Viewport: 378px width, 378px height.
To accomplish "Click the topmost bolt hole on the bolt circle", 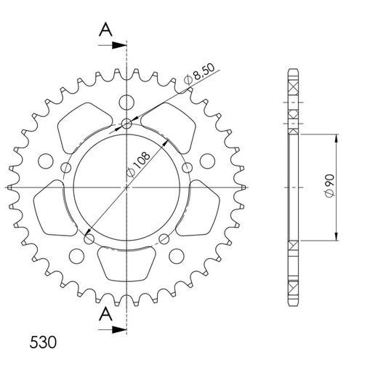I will tap(127, 124).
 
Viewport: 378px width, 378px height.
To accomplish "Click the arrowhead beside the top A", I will tap(121, 46).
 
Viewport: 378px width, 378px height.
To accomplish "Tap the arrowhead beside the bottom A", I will tap(121, 329).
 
